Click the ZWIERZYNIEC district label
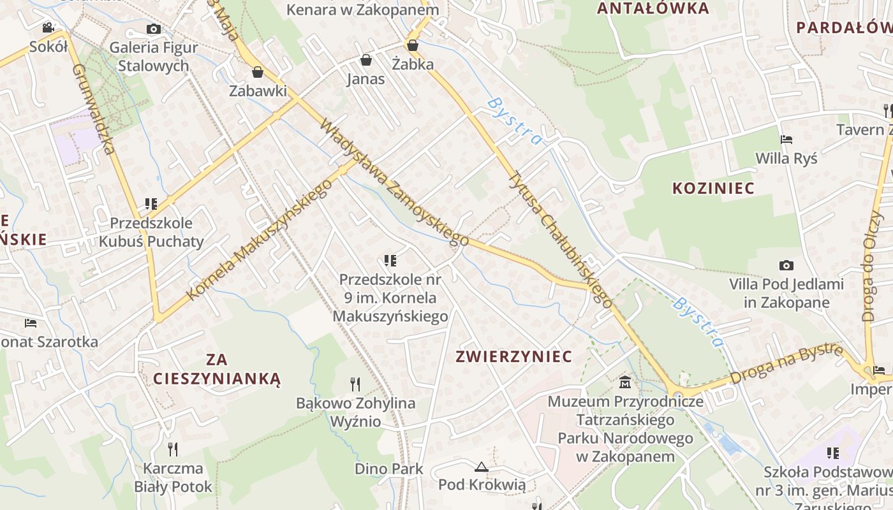point(513,356)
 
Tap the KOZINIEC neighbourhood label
point(714,188)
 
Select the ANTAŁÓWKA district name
point(653,8)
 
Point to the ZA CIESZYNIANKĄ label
point(217,369)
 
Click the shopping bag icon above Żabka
point(413,45)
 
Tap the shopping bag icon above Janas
point(366,60)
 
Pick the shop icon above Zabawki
point(258,71)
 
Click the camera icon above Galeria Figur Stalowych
point(153,29)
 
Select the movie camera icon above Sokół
point(48,27)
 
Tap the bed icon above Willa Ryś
point(786,139)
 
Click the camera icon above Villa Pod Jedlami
point(786,265)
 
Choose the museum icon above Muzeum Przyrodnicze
point(625,382)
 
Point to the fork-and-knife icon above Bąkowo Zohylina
point(355,384)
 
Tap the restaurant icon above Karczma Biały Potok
point(172,449)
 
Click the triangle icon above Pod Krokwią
point(482,466)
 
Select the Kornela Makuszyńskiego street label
point(260,239)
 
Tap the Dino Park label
point(388,469)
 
